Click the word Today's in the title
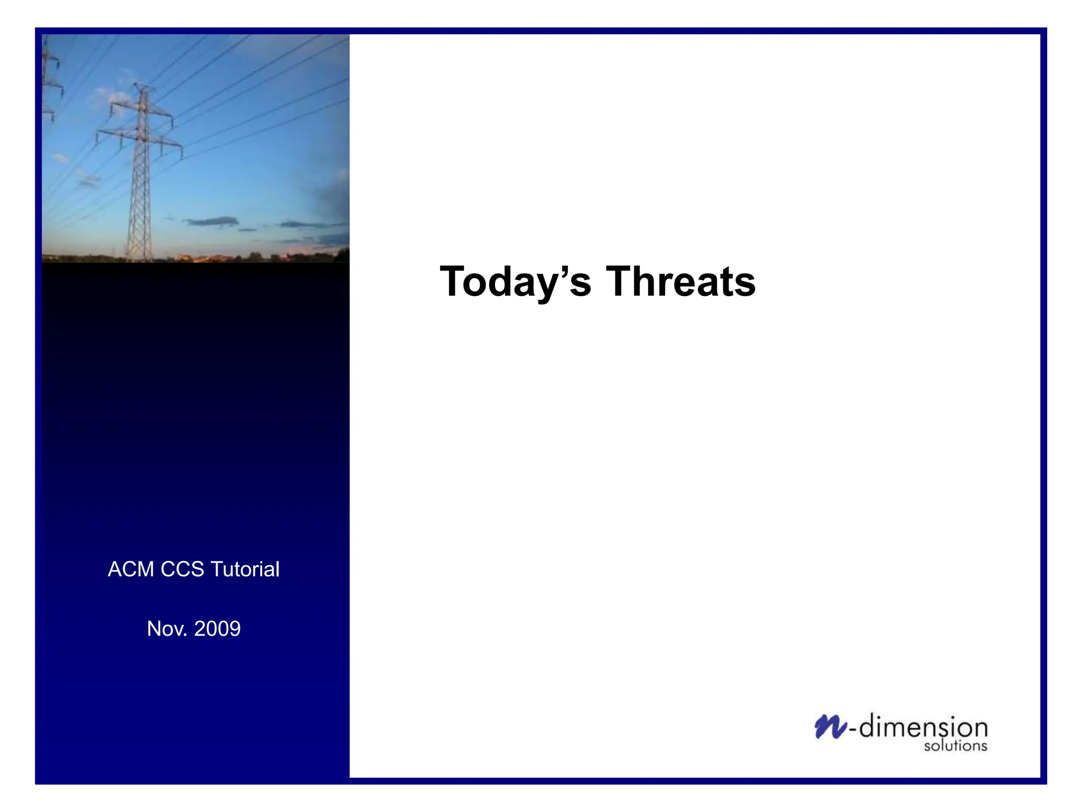(x=515, y=282)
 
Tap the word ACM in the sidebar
(x=130, y=569)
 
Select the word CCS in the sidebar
(x=182, y=569)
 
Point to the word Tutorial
(x=245, y=569)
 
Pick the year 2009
(x=217, y=629)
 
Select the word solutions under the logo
(x=955, y=746)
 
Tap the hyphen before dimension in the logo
(x=852, y=730)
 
